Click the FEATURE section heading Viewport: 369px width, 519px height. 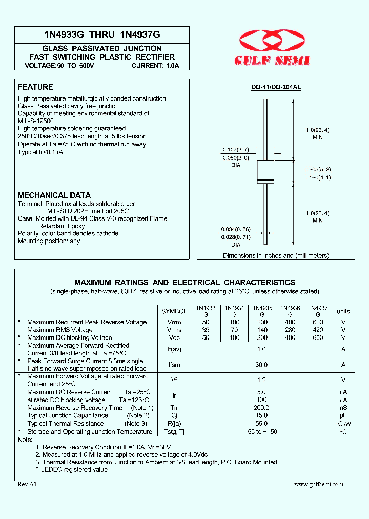coord(35,87)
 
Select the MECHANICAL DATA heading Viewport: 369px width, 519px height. coord(54,195)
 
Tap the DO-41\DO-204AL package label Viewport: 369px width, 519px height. coord(276,88)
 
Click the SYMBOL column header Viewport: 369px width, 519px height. coord(174,311)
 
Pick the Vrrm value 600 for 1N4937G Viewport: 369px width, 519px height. coord(318,322)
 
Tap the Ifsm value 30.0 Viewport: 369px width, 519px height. coord(261,365)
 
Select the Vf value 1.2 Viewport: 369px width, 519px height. coord(261,380)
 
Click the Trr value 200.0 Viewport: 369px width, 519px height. coord(261,408)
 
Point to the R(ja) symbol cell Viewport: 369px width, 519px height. coord(174,424)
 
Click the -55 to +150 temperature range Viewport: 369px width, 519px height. coord(261,432)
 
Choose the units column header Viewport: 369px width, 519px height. coord(343,311)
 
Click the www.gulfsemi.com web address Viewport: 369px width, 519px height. coord(318,484)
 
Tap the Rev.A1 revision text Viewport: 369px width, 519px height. coord(27,484)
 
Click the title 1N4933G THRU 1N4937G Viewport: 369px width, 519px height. coord(102,35)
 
